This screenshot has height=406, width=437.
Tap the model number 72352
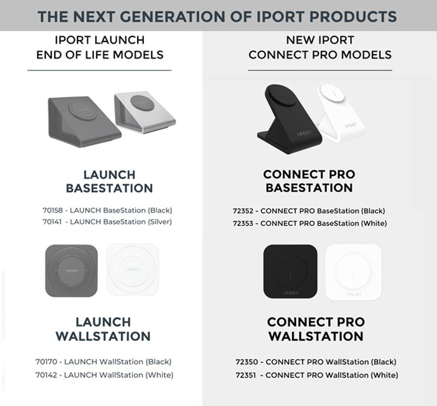243,211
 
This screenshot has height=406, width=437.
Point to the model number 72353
243,223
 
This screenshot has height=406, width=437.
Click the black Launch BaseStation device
83,121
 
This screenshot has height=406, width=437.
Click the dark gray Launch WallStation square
71,271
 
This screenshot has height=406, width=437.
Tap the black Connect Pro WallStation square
290,272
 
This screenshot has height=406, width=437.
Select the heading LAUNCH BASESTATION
109,182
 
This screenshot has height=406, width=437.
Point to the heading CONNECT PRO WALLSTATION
316,329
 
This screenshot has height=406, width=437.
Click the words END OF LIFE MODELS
100,54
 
